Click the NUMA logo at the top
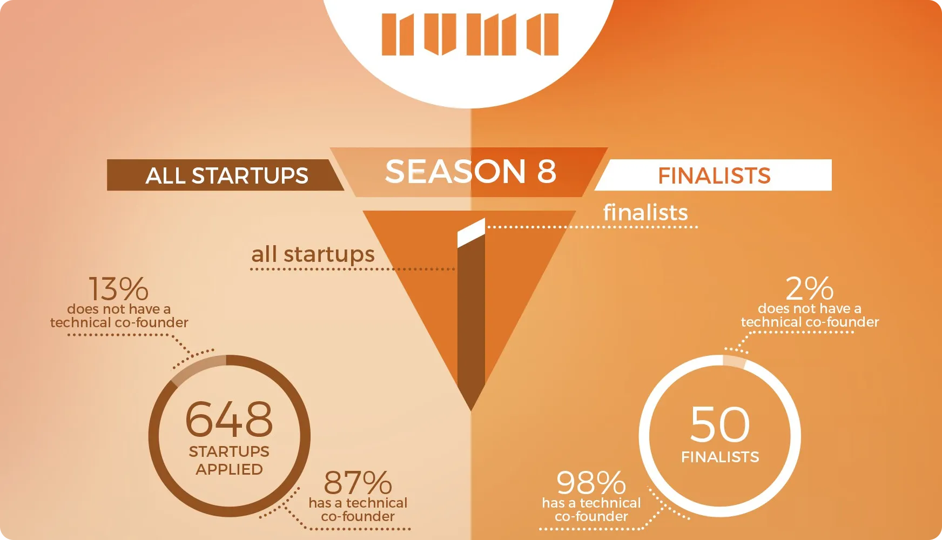(x=470, y=35)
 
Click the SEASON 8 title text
(x=470, y=171)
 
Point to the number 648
(x=229, y=419)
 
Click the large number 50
(x=720, y=424)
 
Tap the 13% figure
(x=118, y=289)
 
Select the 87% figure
(x=358, y=483)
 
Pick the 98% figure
(x=591, y=483)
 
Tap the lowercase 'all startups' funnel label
(x=313, y=254)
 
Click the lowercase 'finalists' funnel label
(x=645, y=212)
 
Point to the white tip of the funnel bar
(x=471, y=233)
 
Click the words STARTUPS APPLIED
(x=229, y=460)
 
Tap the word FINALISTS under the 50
(x=720, y=457)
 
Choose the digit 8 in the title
(x=547, y=171)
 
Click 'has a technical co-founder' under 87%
(x=358, y=510)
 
